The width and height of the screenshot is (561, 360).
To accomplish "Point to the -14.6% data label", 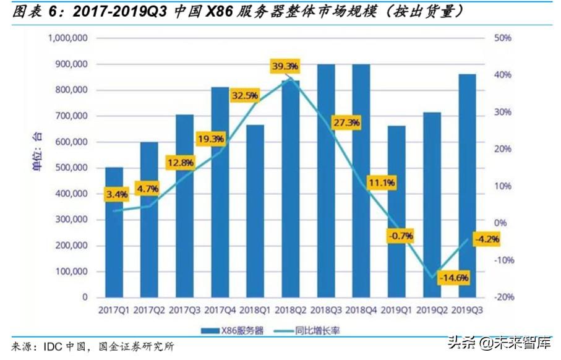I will (453, 278).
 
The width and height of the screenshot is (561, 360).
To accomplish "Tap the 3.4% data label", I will (117, 194).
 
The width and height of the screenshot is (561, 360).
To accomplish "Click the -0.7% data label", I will (400, 236).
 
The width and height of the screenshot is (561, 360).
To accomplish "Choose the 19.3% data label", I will (211, 139).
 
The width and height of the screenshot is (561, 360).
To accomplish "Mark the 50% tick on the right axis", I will (503, 38).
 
